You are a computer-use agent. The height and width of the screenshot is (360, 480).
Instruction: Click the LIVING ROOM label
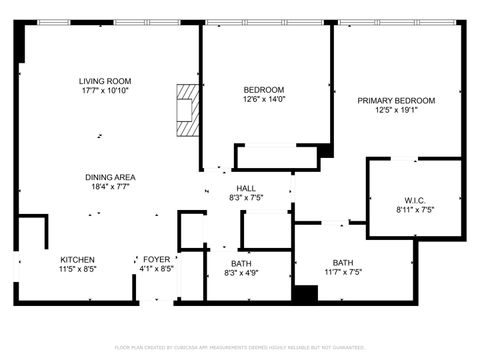coord(105,81)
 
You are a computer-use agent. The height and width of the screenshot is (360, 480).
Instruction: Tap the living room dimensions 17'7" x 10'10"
coord(105,91)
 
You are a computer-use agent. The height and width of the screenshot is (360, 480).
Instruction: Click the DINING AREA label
coord(110,177)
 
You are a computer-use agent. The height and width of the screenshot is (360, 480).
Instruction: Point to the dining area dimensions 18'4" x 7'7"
coord(110,187)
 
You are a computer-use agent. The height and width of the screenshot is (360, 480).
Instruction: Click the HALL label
coord(245,188)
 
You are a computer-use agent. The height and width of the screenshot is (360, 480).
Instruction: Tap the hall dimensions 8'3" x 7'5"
coord(245,198)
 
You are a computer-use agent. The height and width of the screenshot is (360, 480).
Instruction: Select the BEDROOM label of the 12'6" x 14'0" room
coord(264,89)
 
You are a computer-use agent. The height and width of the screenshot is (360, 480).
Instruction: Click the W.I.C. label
coord(413,199)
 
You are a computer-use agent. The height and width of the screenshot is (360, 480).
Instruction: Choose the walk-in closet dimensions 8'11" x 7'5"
coord(413,210)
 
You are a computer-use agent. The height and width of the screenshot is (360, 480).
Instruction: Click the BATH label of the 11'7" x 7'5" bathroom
coord(343,262)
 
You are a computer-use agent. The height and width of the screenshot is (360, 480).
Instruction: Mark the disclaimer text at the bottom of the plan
coord(240,347)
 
